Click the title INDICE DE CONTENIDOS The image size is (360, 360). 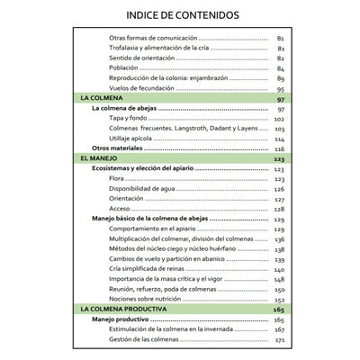[x=183, y=15]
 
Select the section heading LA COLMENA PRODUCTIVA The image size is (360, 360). [x=123, y=309]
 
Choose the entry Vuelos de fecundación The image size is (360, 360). [x=138, y=88]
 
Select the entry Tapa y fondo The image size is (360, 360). [x=127, y=118]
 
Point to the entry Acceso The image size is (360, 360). [x=119, y=208]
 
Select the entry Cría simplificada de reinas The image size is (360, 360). [x=150, y=269]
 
